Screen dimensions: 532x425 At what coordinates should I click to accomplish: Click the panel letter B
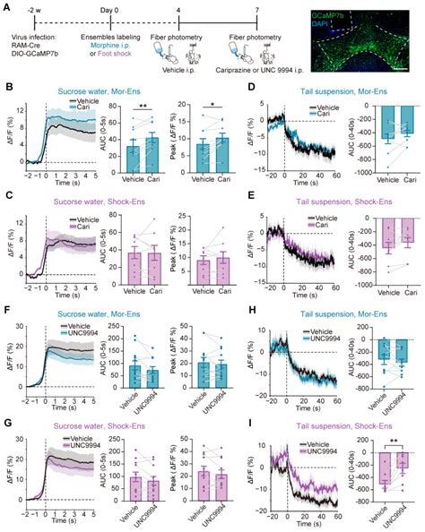8,87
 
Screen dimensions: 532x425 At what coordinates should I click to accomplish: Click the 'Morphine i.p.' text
100,39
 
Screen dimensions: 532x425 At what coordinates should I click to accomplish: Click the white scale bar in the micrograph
405,69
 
